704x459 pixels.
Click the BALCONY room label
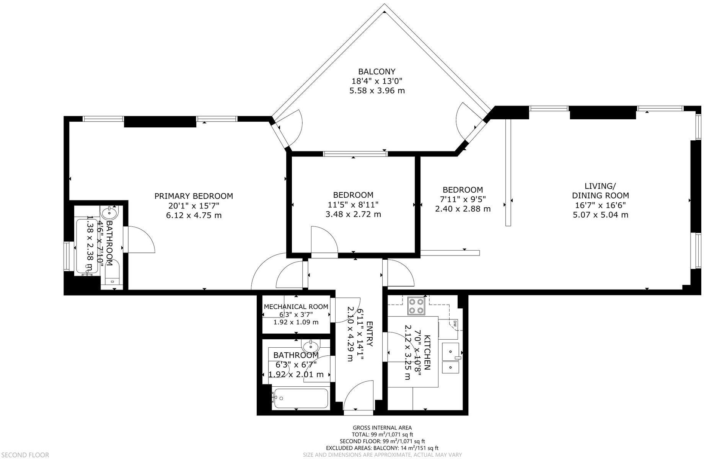click(x=376, y=72)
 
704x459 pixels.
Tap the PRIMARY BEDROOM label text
click(x=194, y=196)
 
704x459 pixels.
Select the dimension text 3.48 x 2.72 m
click(x=353, y=214)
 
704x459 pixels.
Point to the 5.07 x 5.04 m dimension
click(x=600, y=215)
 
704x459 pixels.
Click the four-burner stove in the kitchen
click(x=416, y=306)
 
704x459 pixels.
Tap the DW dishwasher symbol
click(x=455, y=324)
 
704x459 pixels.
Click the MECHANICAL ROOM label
click(x=296, y=307)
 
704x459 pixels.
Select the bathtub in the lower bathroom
click(x=300, y=399)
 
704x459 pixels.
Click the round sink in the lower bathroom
click(x=310, y=347)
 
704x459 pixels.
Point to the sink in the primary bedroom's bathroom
click(x=110, y=212)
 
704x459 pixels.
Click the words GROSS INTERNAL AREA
click(x=382, y=428)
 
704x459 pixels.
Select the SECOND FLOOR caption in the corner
click(x=24, y=455)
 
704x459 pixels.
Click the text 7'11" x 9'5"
click(x=463, y=199)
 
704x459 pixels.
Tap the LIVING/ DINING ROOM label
click(x=600, y=191)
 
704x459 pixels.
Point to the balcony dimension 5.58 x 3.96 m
click(x=377, y=91)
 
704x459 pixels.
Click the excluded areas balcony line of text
click(x=382, y=448)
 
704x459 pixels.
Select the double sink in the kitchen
click(x=450, y=358)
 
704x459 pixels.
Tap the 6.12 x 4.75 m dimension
click(x=194, y=215)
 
